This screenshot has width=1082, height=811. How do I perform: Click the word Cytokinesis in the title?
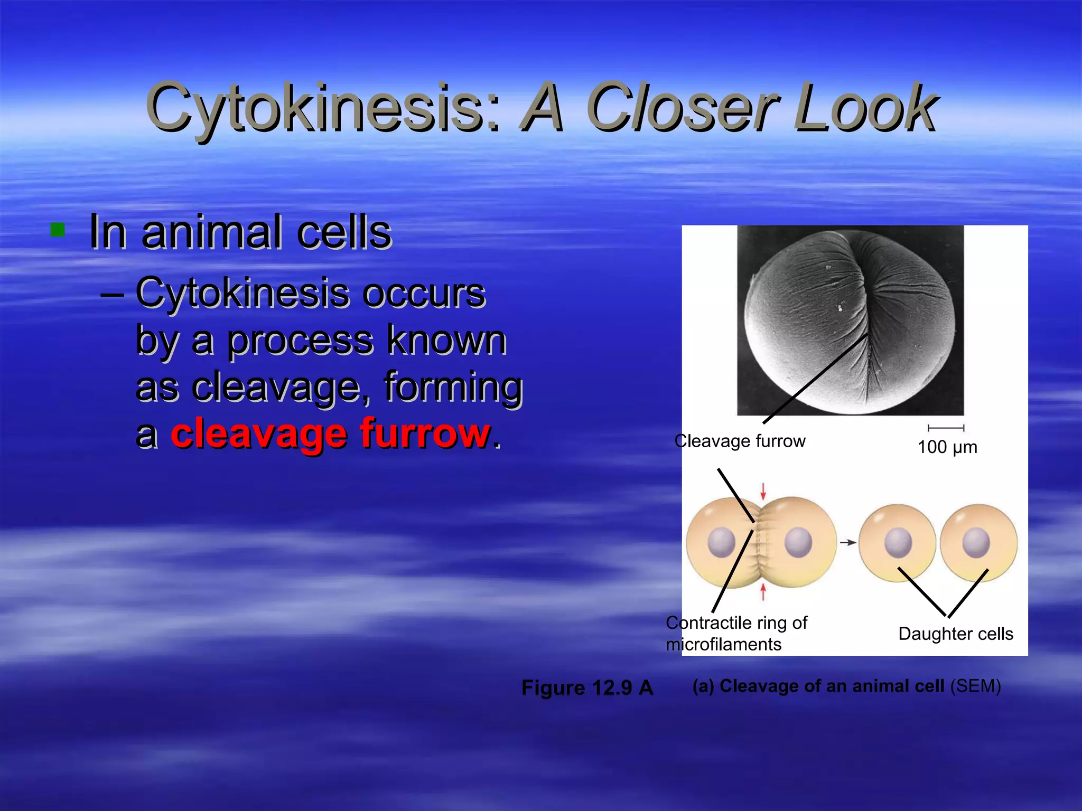[322, 108]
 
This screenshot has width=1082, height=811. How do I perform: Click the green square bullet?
[58, 230]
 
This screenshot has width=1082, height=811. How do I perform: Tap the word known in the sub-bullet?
[446, 341]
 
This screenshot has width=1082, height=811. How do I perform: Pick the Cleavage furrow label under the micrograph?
[740, 441]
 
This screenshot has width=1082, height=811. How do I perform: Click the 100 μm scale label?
[947, 447]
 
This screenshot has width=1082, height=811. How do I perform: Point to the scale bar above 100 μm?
[946, 428]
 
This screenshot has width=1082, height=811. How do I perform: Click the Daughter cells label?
[955, 634]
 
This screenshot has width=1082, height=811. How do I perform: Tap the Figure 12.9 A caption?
[587, 687]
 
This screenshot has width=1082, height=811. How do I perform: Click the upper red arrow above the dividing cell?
[763, 491]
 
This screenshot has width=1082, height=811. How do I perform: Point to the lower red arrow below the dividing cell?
[763, 592]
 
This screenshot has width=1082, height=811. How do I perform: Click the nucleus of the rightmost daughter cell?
[975, 543]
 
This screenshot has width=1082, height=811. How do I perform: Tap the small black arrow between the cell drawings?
[847, 542]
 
